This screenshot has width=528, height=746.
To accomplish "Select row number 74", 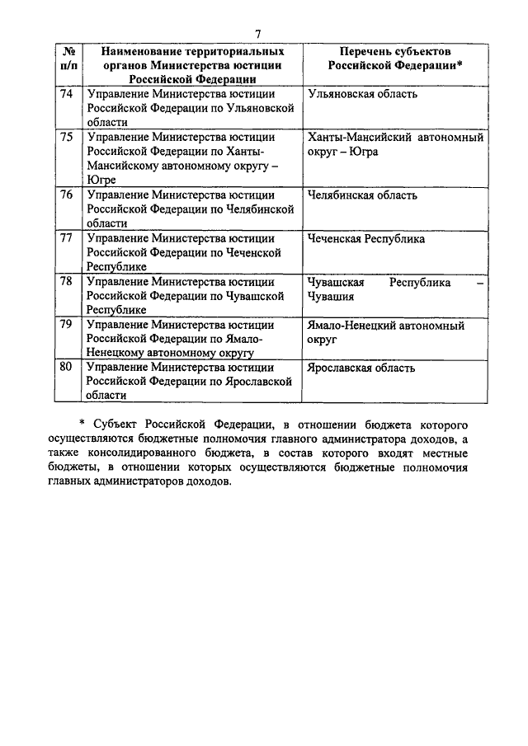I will (68, 94).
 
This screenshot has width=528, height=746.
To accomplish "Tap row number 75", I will (68, 138).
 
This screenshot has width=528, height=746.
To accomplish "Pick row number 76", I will (68, 195).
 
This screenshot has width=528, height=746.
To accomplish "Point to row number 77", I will (68, 239).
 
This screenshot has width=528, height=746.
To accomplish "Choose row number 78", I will (68, 283).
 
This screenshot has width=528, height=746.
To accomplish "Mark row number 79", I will (68, 326).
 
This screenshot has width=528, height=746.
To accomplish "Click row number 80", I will (68, 368).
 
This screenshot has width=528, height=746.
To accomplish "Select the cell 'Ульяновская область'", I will (361, 94).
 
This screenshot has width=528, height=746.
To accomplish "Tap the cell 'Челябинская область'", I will (361, 195).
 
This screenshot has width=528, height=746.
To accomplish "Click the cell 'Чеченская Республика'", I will (365, 239).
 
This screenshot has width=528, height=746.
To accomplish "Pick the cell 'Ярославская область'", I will (361, 368).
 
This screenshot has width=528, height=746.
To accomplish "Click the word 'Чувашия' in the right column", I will (330, 297).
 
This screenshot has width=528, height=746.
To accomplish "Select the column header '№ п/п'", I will (68, 58).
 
